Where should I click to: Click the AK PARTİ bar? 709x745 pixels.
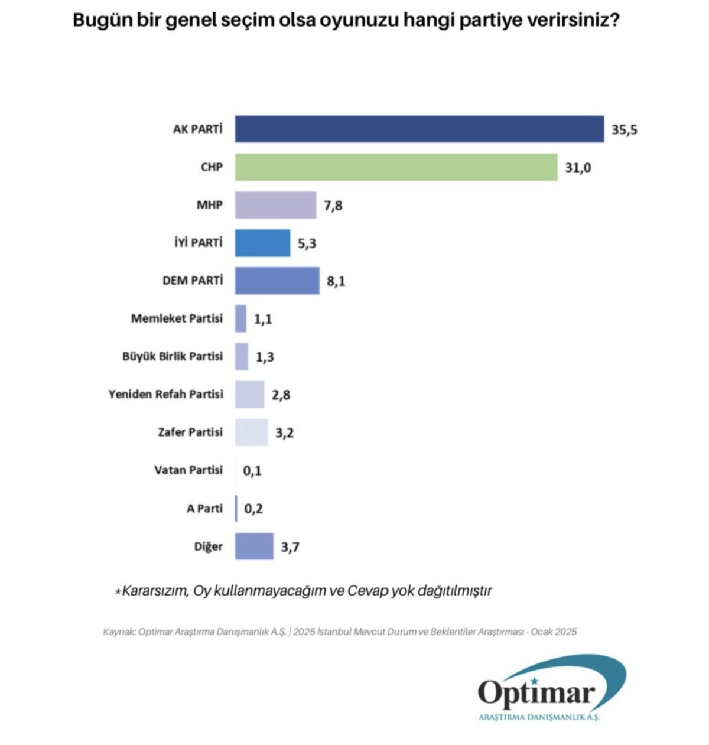[x=419, y=129]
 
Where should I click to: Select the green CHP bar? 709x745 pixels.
[x=396, y=167]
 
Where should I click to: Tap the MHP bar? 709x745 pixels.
[x=275, y=205]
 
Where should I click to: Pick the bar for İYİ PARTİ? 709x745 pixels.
[x=262, y=243]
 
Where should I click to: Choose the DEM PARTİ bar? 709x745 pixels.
[x=277, y=281]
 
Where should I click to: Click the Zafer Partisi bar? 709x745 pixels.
[x=251, y=432]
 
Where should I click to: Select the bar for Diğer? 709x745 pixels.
[x=254, y=546]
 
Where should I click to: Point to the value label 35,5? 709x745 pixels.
[x=624, y=129]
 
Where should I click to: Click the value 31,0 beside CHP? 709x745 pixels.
[x=577, y=168]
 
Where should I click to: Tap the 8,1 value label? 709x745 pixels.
[x=336, y=281]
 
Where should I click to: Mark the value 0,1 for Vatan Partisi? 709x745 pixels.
[x=252, y=471]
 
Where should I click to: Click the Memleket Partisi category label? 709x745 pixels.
[x=177, y=318]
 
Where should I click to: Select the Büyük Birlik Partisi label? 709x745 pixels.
[x=173, y=356]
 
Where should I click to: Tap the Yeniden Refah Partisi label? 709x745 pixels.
[x=165, y=394]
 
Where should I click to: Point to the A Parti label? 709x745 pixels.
[x=204, y=508]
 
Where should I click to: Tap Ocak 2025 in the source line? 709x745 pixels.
[x=553, y=632]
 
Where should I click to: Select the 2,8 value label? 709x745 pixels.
[x=281, y=395]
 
